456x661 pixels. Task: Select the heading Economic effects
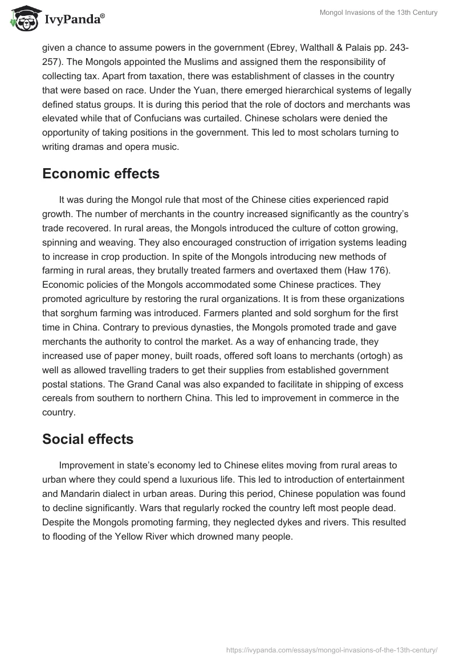point(101,174)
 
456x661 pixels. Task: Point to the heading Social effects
point(88,439)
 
